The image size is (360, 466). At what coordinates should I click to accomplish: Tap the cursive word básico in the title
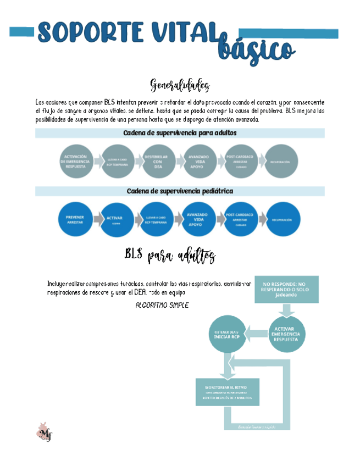point(256,48)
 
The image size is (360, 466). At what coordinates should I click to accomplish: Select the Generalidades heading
point(180,86)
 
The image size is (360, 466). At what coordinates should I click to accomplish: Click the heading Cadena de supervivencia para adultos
point(180,133)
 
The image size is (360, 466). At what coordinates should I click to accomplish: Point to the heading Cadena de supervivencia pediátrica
point(180,191)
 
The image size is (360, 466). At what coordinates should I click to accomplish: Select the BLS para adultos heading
point(170,255)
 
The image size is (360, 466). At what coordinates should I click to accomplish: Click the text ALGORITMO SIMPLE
point(162,305)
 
